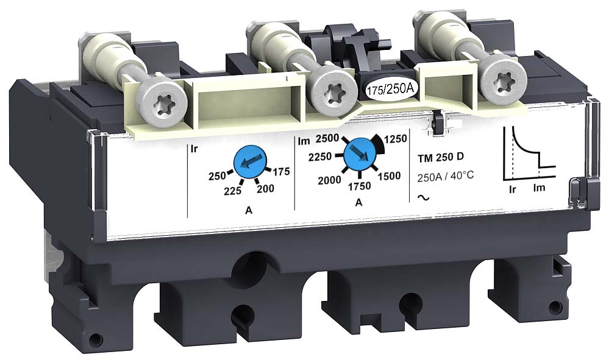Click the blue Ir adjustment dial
point(248,163)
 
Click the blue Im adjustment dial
point(358,153)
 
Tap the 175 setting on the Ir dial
point(281,171)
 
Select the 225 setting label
point(233,191)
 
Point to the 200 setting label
point(266,189)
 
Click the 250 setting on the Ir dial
point(217,176)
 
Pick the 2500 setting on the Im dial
point(327,138)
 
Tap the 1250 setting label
point(396,139)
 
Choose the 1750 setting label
point(359,186)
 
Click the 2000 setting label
point(329,180)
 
